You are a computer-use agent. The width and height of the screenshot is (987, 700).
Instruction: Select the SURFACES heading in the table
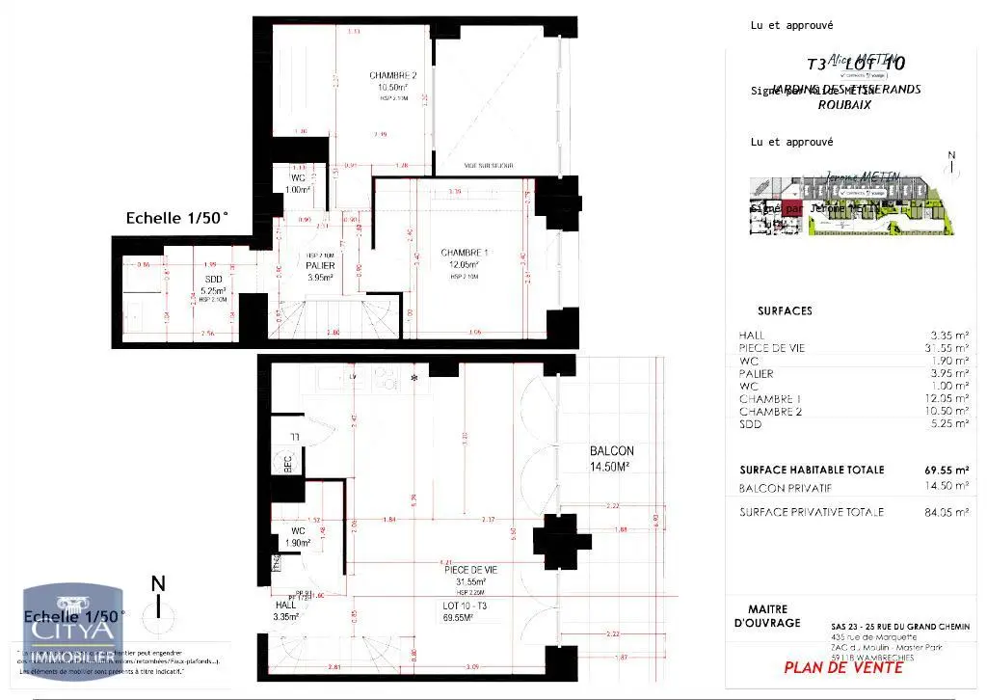pos(785,311)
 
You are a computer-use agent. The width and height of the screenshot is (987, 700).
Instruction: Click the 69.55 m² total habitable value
pos(948,470)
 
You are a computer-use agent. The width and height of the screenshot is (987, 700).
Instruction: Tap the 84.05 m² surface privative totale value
pos(948,512)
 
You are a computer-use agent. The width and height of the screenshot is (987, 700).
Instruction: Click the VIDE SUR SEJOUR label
pos(489,166)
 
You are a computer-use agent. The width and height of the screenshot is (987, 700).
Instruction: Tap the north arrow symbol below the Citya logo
pos(159,600)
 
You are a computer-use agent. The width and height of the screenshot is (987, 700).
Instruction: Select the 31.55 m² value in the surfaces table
pos(948,347)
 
